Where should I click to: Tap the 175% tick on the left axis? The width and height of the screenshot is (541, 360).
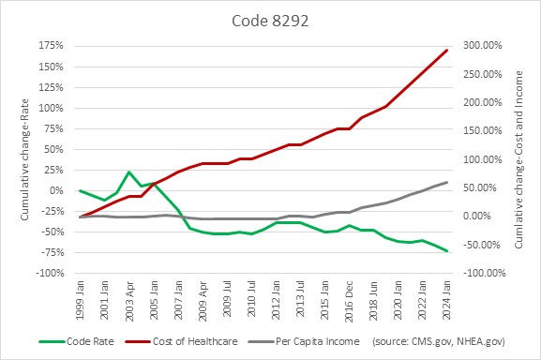pos(52,46)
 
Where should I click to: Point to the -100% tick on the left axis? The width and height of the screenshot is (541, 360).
pos(50,273)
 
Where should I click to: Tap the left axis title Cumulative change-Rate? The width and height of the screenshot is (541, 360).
pos(21,159)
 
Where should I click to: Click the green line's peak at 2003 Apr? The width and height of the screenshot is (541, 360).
pos(129,172)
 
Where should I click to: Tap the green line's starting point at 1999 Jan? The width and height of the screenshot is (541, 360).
pos(80,190)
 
